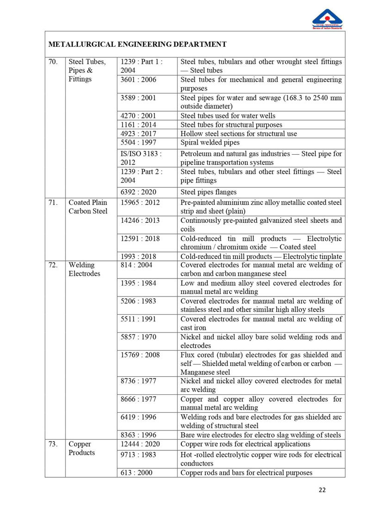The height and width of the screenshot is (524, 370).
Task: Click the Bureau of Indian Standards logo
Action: coord(327,19)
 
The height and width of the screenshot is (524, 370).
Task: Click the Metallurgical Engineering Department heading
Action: coord(137,44)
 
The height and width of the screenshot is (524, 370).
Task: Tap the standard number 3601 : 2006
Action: coord(138,80)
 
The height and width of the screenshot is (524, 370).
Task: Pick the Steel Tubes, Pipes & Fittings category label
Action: coord(87,70)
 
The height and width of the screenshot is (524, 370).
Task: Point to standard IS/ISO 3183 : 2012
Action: coord(141,158)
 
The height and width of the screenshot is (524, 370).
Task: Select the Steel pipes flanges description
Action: coord(208,192)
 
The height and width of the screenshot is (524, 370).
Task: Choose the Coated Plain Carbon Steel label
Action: coord(88,207)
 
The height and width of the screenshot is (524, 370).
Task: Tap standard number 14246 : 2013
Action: coord(140,221)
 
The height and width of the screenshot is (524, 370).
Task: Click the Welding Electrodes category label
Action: coord(84,269)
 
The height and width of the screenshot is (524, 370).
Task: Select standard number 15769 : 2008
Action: coord(140,355)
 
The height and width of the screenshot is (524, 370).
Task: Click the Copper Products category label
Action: coord(81,448)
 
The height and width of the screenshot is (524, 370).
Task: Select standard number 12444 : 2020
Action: coord(140,444)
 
